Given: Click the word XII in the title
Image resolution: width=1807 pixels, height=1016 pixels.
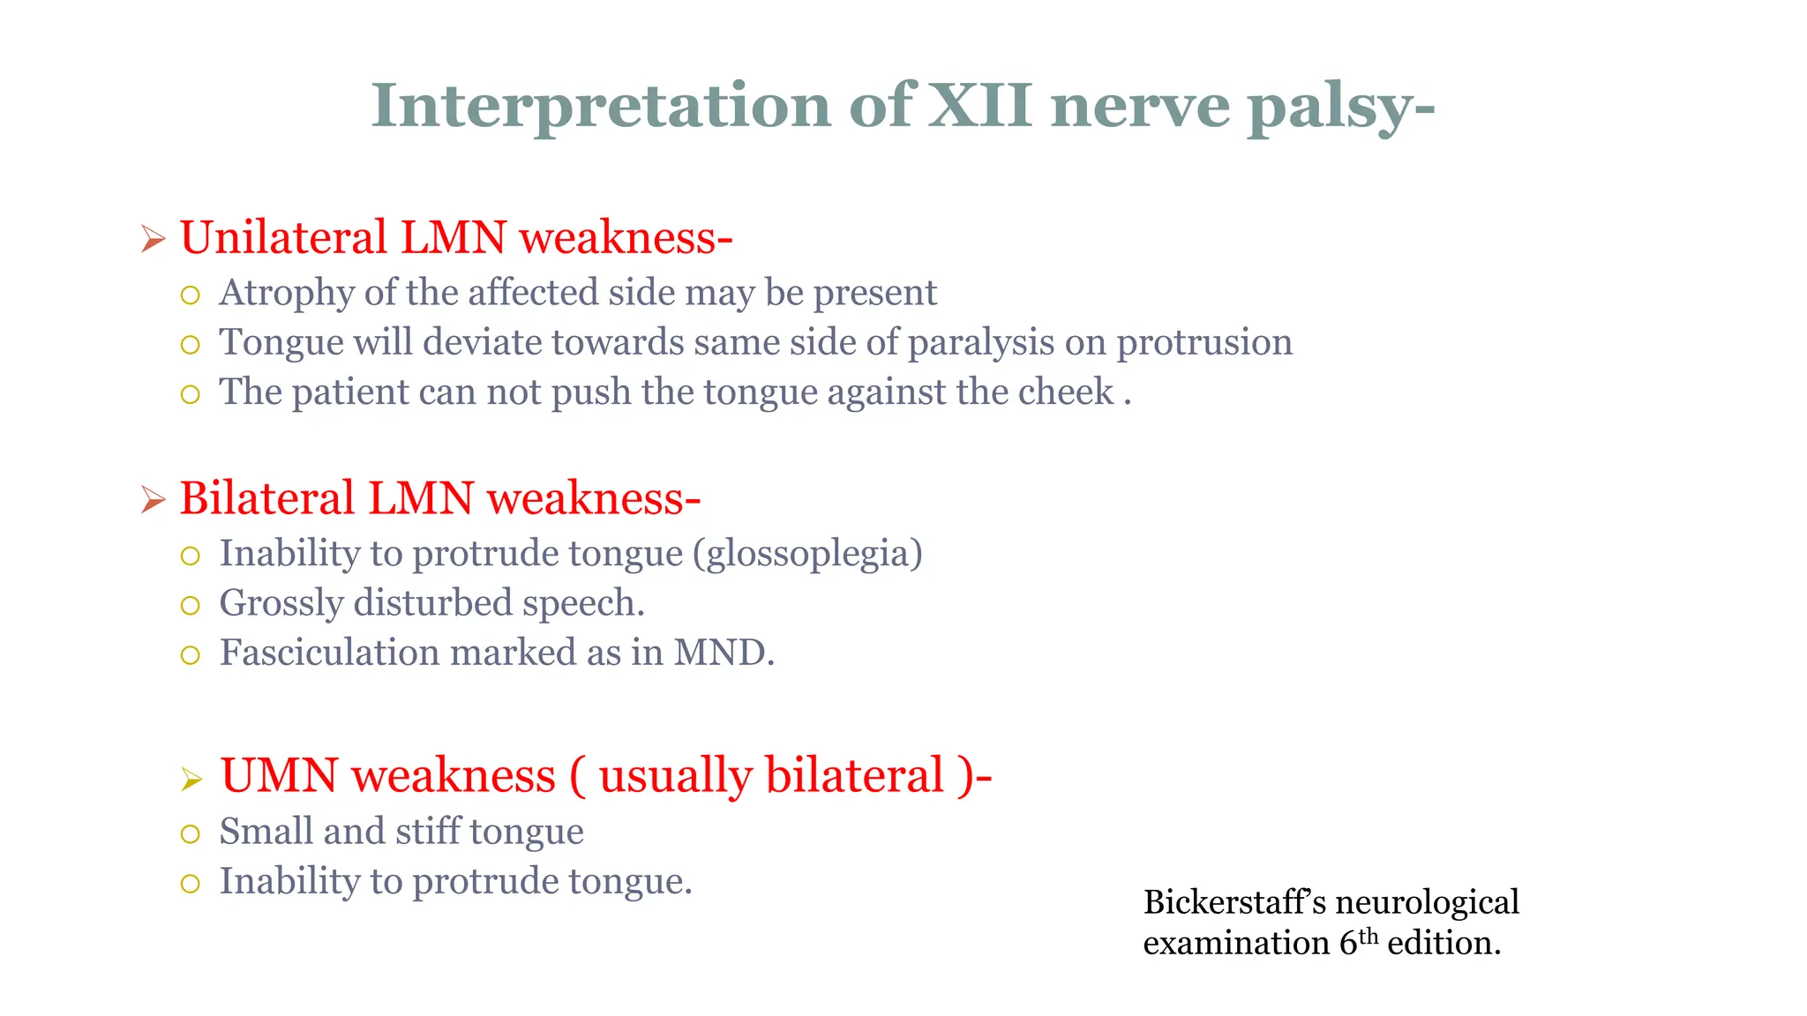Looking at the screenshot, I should click(x=980, y=106).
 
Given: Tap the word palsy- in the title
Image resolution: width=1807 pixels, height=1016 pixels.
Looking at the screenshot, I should click(x=1340, y=108).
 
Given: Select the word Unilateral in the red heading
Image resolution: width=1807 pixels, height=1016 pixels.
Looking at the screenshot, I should click(x=282, y=238).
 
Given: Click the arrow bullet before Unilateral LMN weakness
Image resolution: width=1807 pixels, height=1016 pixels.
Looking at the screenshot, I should click(x=154, y=239).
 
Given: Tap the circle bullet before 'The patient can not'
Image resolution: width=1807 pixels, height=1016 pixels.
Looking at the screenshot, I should click(x=190, y=394).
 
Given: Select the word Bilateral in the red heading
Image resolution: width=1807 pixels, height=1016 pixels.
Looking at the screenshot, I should click(x=267, y=498).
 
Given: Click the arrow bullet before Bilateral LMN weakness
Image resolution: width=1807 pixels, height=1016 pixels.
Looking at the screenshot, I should click(x=154, y=500).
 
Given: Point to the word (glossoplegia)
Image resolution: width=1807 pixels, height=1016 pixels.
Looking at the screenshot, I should click(x=807, y=554).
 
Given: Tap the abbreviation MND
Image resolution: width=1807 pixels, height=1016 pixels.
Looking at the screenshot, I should click(x=724, y=653).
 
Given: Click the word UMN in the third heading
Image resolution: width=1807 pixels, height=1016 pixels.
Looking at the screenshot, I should click(x=279, y=776).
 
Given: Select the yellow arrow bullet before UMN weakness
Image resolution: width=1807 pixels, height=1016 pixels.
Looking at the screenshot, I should click(x=191, y=780).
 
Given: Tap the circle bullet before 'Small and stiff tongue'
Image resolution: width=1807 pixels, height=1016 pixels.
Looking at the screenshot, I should click(x=190, y=834).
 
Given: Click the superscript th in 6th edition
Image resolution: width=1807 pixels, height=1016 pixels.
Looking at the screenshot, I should click(x=1368, y=935).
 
